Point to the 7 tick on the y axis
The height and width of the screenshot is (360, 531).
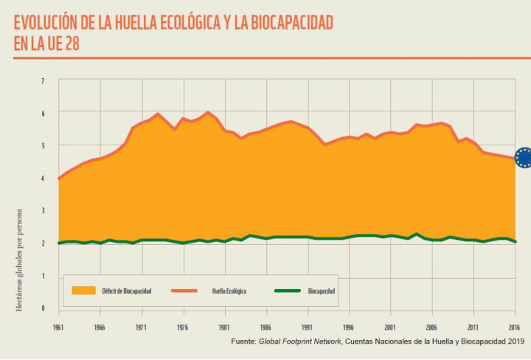(42, 80)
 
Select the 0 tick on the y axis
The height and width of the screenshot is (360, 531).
(42, 308)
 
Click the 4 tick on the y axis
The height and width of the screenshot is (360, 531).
(42, 178)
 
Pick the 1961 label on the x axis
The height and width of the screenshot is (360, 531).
(58, 326)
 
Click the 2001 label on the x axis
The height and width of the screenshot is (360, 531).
(390, 326)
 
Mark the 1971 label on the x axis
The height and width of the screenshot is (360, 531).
(141, 326)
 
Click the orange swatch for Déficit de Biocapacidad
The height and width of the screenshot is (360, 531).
(83, 291)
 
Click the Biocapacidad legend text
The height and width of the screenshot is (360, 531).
(322, 291)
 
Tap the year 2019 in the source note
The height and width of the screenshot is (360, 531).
(510, 342)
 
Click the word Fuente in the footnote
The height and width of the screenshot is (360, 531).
(243, 342)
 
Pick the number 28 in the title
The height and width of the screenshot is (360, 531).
(71, 44)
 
